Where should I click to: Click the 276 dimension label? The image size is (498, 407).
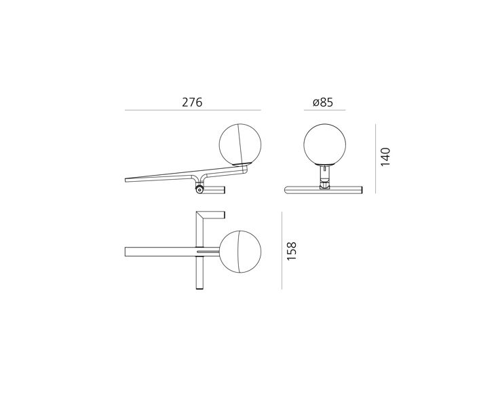coord(192,102)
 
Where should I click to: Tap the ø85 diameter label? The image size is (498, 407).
coord(323,102)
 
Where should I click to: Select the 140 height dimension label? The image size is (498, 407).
coord(385,157)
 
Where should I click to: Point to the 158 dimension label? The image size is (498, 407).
coord(292,251)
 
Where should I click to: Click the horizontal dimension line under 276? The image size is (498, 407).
coord(193,110)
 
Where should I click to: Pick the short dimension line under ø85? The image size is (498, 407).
coord(324,110)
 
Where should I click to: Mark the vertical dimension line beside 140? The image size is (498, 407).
coord(376,159)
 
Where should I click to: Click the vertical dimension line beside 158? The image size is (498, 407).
coord(282,250)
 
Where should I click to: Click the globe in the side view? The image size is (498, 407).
coord(240,144)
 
